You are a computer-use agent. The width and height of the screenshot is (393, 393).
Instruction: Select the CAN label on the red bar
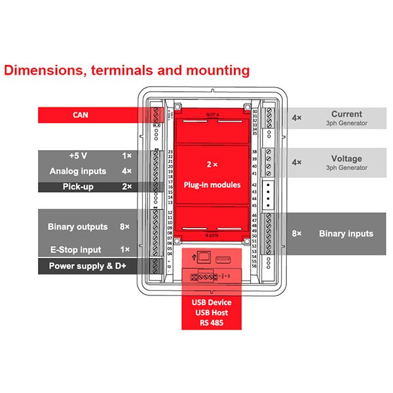click(x=82, y=115)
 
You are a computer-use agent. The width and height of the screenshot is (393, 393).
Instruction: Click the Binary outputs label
click(x=77, y=227)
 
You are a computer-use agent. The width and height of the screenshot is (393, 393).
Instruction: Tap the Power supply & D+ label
click(x=88, y=267)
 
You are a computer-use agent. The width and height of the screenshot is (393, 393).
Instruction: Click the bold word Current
click(x=346, y=114)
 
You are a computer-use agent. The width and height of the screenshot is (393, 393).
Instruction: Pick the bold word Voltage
click(x=346, y=159)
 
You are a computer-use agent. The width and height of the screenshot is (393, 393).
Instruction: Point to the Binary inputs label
click(x=346, y=234)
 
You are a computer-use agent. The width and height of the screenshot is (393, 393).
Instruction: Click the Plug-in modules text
click(x=212, y=185)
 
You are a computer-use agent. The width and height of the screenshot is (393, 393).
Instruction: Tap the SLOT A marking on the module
click(x=212, y=113)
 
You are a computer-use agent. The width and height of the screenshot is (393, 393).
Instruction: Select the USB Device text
click(x=212, y=303)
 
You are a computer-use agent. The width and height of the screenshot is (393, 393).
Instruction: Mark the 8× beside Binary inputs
click(x=297, y=234)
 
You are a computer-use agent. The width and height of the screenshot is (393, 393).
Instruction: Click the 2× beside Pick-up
click(x=127, y=187)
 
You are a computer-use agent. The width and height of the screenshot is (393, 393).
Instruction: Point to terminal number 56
click(x=254, y=267)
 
